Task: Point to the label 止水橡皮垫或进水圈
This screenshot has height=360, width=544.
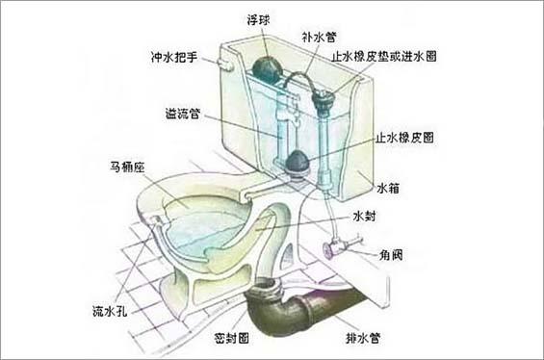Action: tap(384, 57)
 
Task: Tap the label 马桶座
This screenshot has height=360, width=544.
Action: tap(125, 167)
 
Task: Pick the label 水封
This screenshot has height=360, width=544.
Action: tap(367, 217)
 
